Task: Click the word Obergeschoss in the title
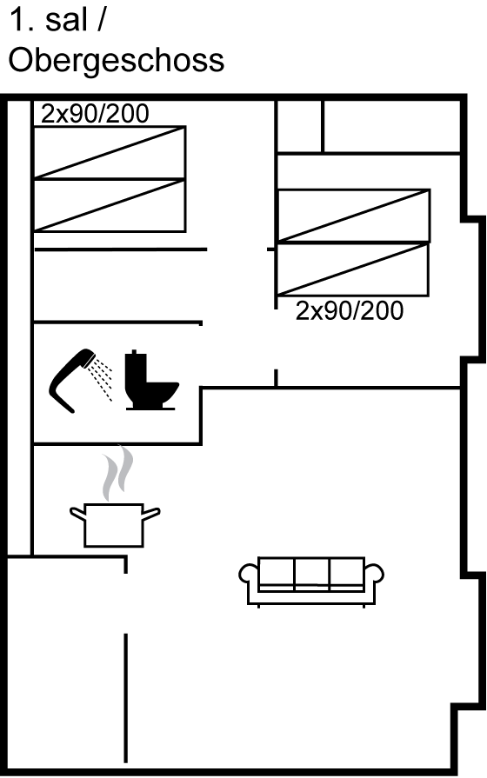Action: (x=117, y=62)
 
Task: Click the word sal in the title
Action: (x=66, y=21)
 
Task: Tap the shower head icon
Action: (x=73, y=380)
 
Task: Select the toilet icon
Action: (x=151, y=381)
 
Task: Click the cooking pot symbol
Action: (x=114, y=525)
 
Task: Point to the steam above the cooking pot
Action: (x=117, y=474)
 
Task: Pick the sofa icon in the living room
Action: (x=311, y=582)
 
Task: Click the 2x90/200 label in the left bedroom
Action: (x=95, y=114)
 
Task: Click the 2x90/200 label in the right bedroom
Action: (x=350, y=311)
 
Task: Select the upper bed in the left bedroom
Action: (x=110, y=152)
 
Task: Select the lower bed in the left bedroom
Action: (x=110, y=205)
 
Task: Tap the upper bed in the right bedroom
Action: (x=353, y=216)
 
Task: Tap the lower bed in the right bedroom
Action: (x=352, y=269)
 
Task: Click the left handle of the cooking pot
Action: (x=77, y=514)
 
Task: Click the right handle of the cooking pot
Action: (x=151, y=514)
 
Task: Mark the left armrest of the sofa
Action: (x=248, y=575)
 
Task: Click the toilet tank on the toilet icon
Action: (x=136, y=366)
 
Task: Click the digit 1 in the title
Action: (x=18, y=21)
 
